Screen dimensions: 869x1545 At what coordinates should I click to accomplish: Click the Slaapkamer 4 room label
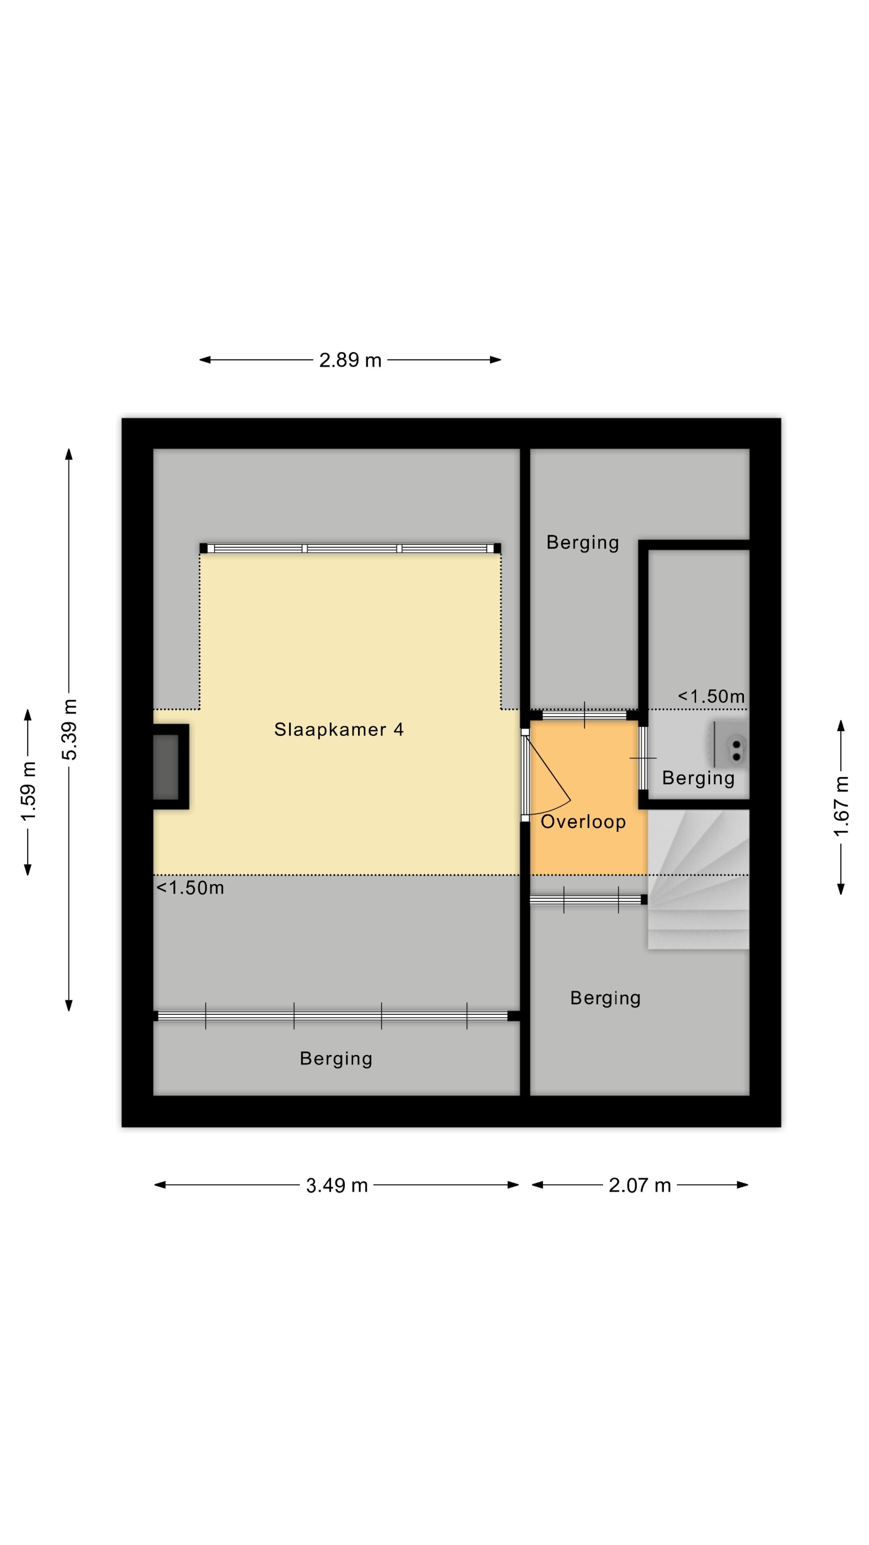pos(339,729)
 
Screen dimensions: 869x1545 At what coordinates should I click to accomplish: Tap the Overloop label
pos(583,822)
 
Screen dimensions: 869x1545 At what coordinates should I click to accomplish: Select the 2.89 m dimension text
pos(350,360)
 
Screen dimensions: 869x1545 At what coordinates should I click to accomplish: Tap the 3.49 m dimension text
pos(336,1185)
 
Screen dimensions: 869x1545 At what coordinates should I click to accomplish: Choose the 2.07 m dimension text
pos(639,1185)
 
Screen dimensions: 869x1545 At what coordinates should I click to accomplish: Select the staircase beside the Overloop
pos(698,879)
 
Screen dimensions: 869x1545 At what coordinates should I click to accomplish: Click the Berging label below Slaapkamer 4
pos(336,1059)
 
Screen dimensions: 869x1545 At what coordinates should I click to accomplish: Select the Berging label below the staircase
pos(605,998)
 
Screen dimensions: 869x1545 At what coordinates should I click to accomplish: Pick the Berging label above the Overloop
pos(582,543)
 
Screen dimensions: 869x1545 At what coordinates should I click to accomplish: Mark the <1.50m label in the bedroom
pos(190,888)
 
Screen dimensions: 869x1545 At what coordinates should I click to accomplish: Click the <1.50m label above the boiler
pos(711,696)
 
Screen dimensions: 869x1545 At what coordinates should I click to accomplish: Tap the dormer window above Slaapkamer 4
pos(350,548)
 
